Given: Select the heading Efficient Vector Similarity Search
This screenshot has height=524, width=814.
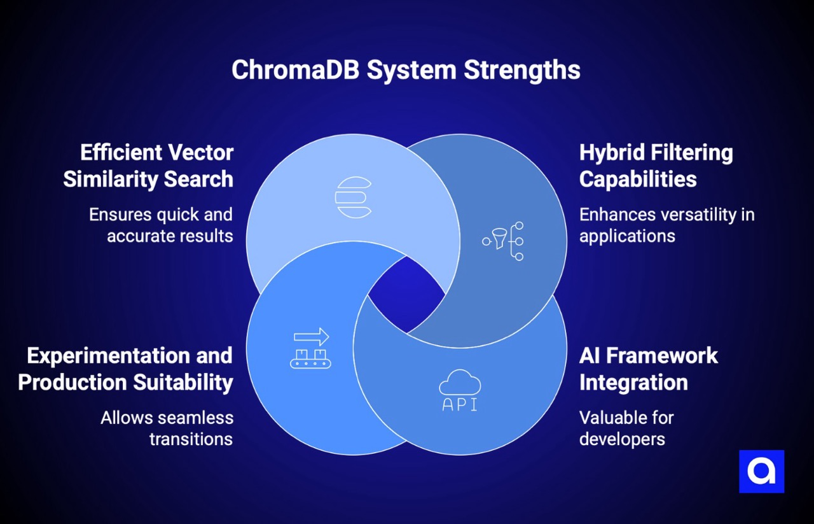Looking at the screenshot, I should (148, 166).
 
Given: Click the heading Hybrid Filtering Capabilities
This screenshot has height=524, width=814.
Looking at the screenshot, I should (656, 166).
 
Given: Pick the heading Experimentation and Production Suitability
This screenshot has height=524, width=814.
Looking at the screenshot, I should (125, 369).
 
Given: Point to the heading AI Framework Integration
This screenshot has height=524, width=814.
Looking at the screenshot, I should (648, 369).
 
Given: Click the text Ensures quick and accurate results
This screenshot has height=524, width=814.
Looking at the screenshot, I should (161, 225).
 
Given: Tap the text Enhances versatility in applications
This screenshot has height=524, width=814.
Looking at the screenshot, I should (666, 225).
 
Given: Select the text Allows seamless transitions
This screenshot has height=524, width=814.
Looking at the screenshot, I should (167, 428).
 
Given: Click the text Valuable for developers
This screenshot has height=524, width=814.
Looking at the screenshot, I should (626, 428).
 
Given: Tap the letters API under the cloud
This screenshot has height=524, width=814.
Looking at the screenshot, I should (460, 405).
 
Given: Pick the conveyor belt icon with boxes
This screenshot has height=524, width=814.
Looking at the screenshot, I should (311, 358).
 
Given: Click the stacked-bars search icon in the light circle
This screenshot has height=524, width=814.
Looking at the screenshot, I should (353, 197).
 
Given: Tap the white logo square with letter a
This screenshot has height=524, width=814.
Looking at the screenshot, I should (761, 471).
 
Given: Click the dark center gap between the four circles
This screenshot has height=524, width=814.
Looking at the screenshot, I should (406, 295).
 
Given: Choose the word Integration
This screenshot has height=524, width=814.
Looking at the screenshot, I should (633, 382).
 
